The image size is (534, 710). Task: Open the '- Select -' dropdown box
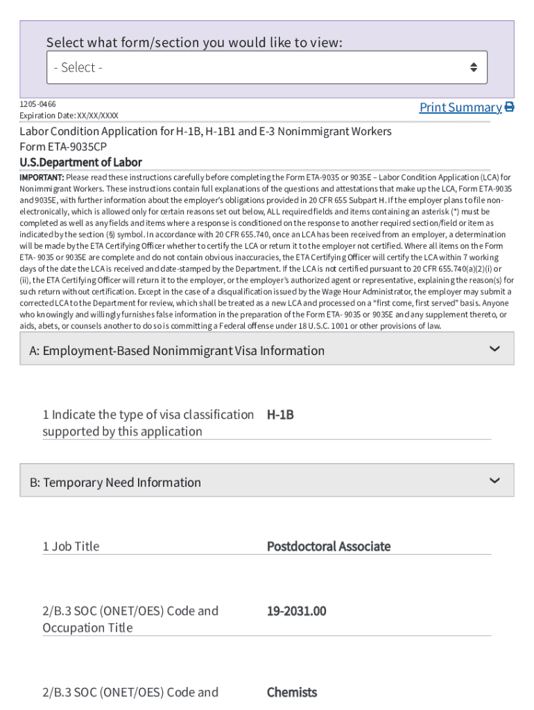(x=267, y=67)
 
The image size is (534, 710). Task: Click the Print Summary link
(x=460, y=107)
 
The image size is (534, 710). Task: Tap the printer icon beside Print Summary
(x=509, y=107)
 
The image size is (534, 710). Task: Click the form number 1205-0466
(x=37, y=104)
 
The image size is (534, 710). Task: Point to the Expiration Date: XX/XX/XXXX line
(x=69, y=116)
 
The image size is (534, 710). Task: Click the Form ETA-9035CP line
(x=63, y=147)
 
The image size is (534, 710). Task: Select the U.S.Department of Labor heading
(x=80, y=162)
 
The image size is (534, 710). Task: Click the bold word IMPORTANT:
(x=42, y=177)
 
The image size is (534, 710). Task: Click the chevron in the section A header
(x=494, y=349)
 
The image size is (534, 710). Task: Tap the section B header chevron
(x=494, y=480)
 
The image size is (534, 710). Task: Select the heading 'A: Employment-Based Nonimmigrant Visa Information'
(x=177, y=351)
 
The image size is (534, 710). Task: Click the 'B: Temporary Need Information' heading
(x=115, y=483)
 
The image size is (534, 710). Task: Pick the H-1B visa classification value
(x=280, y=415)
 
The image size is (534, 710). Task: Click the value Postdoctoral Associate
(x=329, y=546)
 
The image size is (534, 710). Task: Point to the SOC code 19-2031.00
(x=296, y=611)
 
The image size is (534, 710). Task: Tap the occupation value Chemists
(x=292, y=692)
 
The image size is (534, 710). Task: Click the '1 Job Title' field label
(x=71, y=546)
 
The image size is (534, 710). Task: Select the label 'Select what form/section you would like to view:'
(x=194, y=43)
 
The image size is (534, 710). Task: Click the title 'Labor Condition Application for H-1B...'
(x=205, y=131)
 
